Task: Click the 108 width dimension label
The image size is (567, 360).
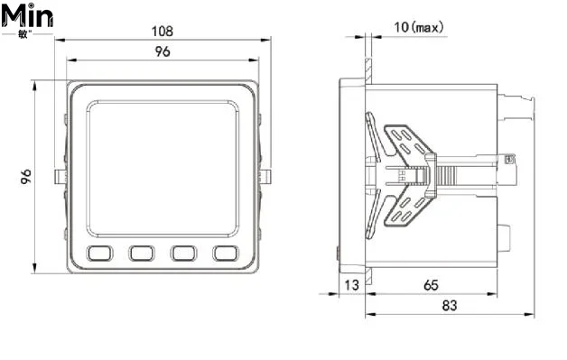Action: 162,31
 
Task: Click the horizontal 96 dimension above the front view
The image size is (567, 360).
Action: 163,51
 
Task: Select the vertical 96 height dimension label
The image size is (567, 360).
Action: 25,176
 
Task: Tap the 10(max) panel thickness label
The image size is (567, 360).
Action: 419,27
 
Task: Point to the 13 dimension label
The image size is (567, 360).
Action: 351,285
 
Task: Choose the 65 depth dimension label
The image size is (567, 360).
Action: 431,285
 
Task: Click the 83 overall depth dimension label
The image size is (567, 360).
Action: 450,306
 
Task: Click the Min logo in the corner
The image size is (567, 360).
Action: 27,19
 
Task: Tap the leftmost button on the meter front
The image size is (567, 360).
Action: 99,253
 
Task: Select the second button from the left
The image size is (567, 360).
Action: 142,253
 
